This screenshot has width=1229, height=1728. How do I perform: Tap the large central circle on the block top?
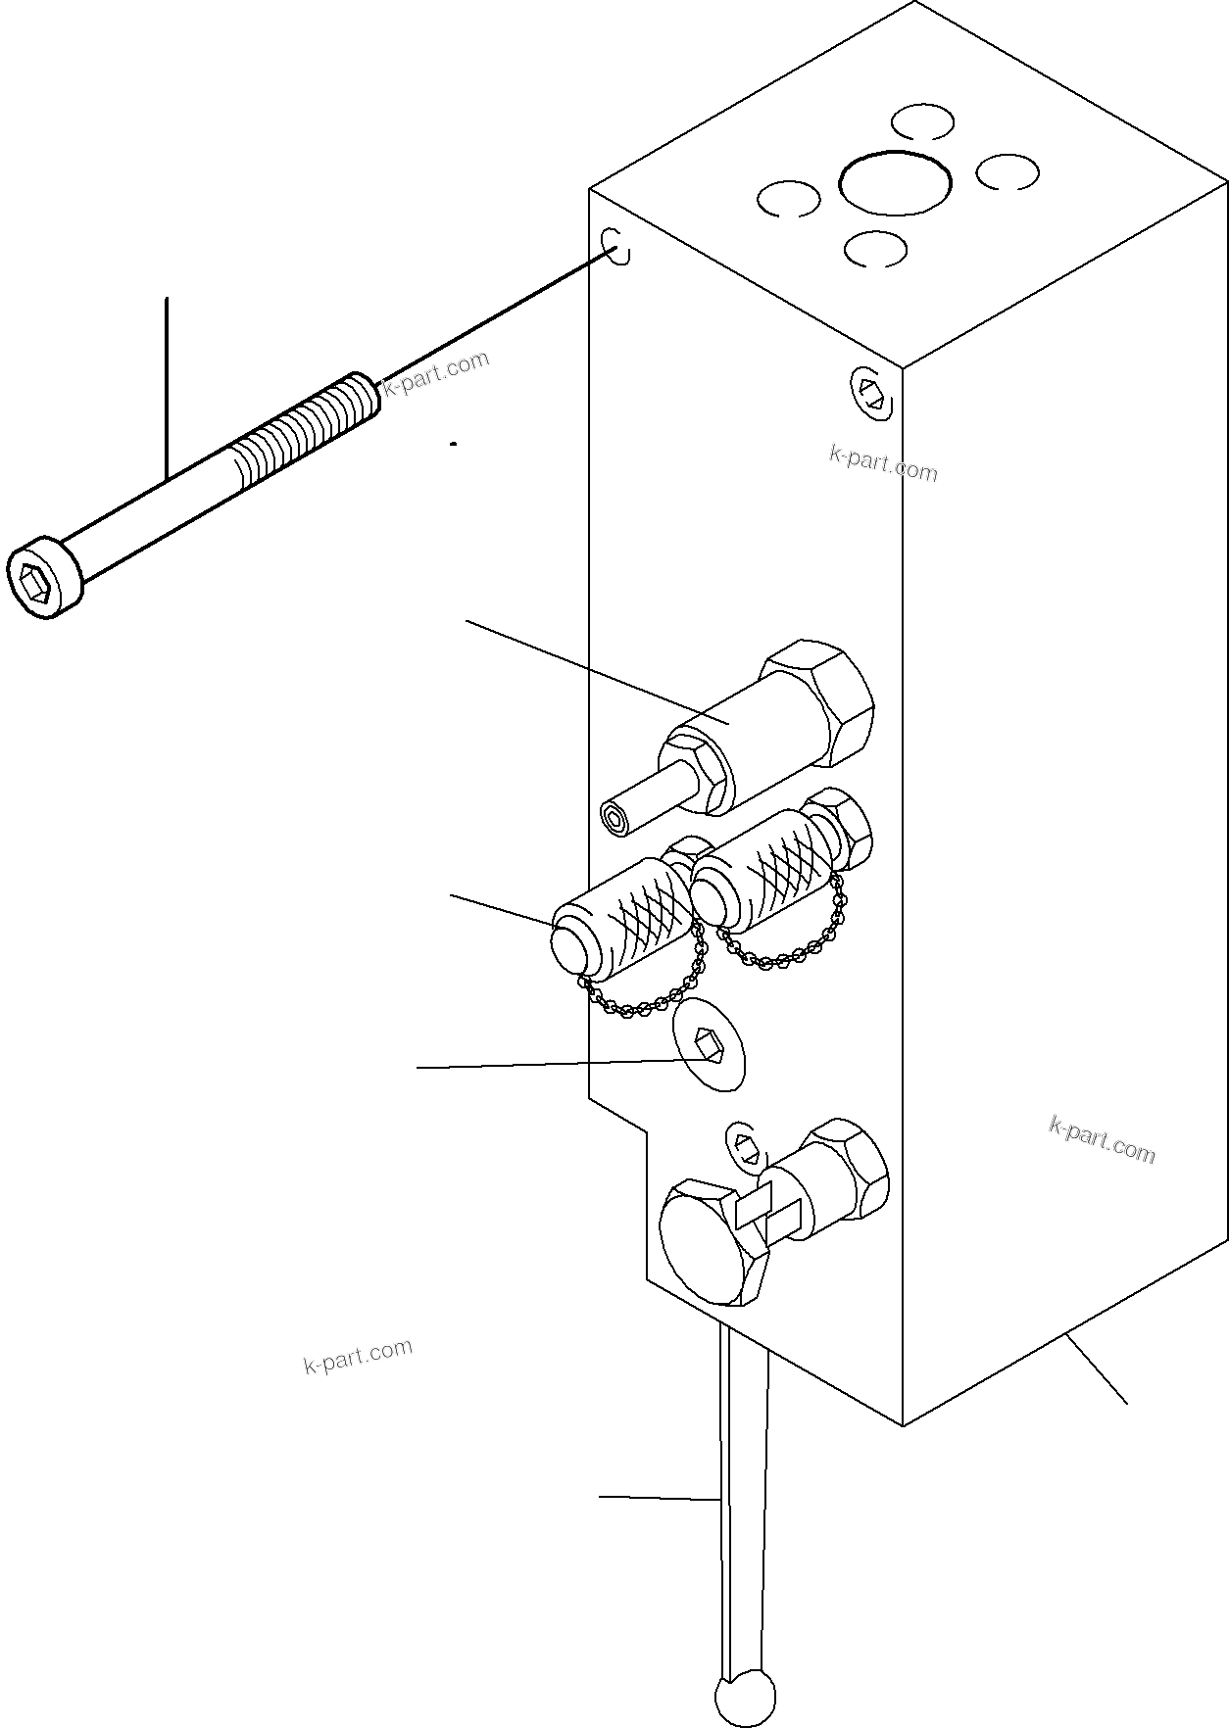(x=895, y=182)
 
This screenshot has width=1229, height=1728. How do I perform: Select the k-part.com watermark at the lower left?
(x=358, y=1356)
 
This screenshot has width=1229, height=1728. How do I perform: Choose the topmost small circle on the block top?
(x=922, y=122)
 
